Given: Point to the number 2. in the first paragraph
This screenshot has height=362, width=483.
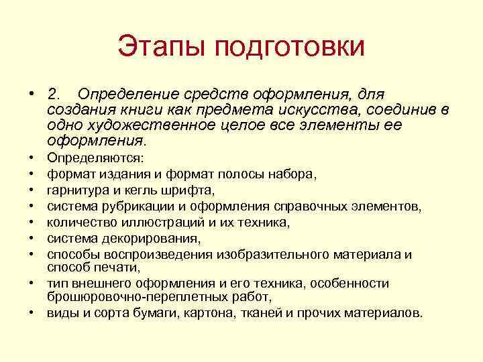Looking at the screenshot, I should click(x=56, y=94).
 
